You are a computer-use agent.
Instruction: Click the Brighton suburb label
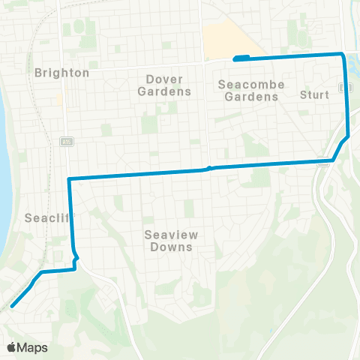[x=61, y=73]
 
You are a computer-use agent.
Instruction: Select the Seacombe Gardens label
[x=251, y=90]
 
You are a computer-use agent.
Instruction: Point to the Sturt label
[x=314, y=94]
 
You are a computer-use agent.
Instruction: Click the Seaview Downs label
[x=169, y=240]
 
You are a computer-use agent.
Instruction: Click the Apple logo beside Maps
[x=12, y=347]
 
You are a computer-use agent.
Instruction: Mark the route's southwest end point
[x=13, y=305]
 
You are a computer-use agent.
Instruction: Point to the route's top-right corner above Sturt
[x=343, y=54]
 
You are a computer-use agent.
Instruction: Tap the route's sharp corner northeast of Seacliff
[x=69, y=178]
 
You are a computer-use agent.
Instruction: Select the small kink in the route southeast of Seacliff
[x=75, y=256]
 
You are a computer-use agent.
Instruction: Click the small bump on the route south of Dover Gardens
[x=210, y=168]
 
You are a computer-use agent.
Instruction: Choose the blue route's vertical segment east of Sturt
[x=346, y=97]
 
